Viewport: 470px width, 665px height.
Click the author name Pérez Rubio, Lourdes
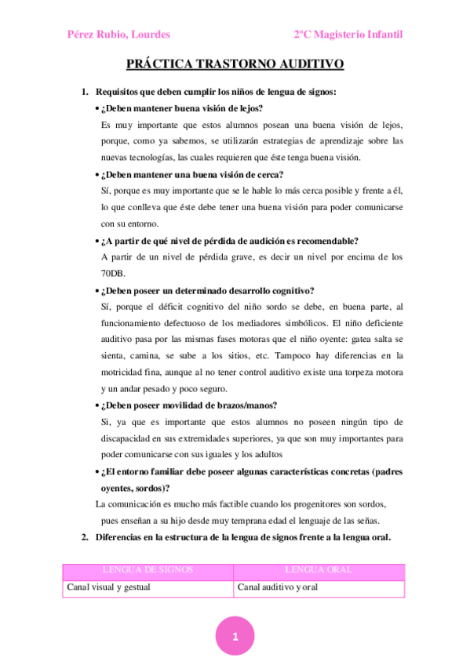click(x=118, y=35)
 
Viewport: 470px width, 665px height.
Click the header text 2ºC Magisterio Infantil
click(x=349, y=35)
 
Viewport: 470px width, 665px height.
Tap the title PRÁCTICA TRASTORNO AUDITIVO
click(x=235, y=67)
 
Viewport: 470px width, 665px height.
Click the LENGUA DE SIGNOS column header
click(x=148, y=570)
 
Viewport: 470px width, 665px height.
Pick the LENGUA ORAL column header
click(x=319, y=570)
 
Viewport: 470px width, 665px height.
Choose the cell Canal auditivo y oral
click(x=278, y=587)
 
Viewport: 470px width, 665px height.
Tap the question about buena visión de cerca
click(x=192, y=174)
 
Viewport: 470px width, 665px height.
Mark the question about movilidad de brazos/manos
click(x=189, y=405)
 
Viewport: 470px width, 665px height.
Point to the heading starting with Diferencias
click(x=242, y=537)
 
